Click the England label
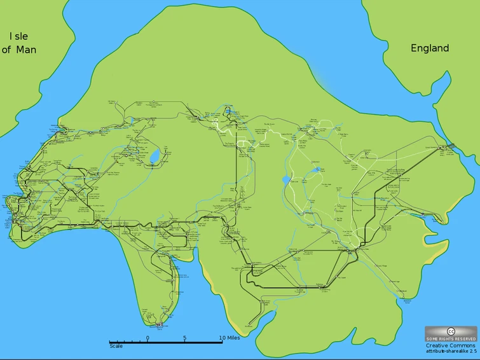pos(430,48)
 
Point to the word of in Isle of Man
pos(7,50)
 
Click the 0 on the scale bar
pos(148,338)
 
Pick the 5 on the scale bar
pos(185,338)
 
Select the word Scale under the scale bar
pos(116,346)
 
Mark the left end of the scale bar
pos(110,343)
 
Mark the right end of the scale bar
pos(222,343)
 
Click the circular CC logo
pos(451,331)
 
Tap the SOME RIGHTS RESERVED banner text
pos(451,339)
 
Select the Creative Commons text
pos(451,345)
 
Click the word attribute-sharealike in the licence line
pos(442,352)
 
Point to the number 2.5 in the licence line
pos(472,352)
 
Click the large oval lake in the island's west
pos(154,156)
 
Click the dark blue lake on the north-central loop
pos(228,111)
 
